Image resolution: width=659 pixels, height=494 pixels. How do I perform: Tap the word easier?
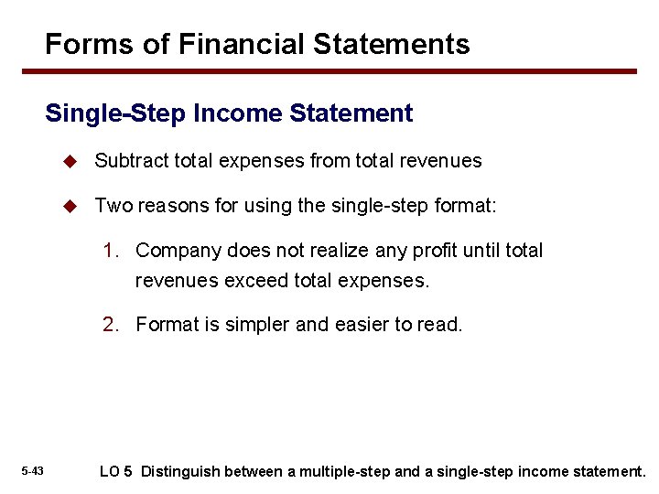click(x=352, y=324)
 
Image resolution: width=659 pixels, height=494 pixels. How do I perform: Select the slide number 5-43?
click(x=32, y=471)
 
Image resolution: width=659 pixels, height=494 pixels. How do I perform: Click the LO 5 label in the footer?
click(x=115, y=471)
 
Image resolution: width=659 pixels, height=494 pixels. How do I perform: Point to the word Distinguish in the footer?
click(x=180, y=471)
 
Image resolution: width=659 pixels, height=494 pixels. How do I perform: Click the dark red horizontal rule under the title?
click(x=340, y=71)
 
